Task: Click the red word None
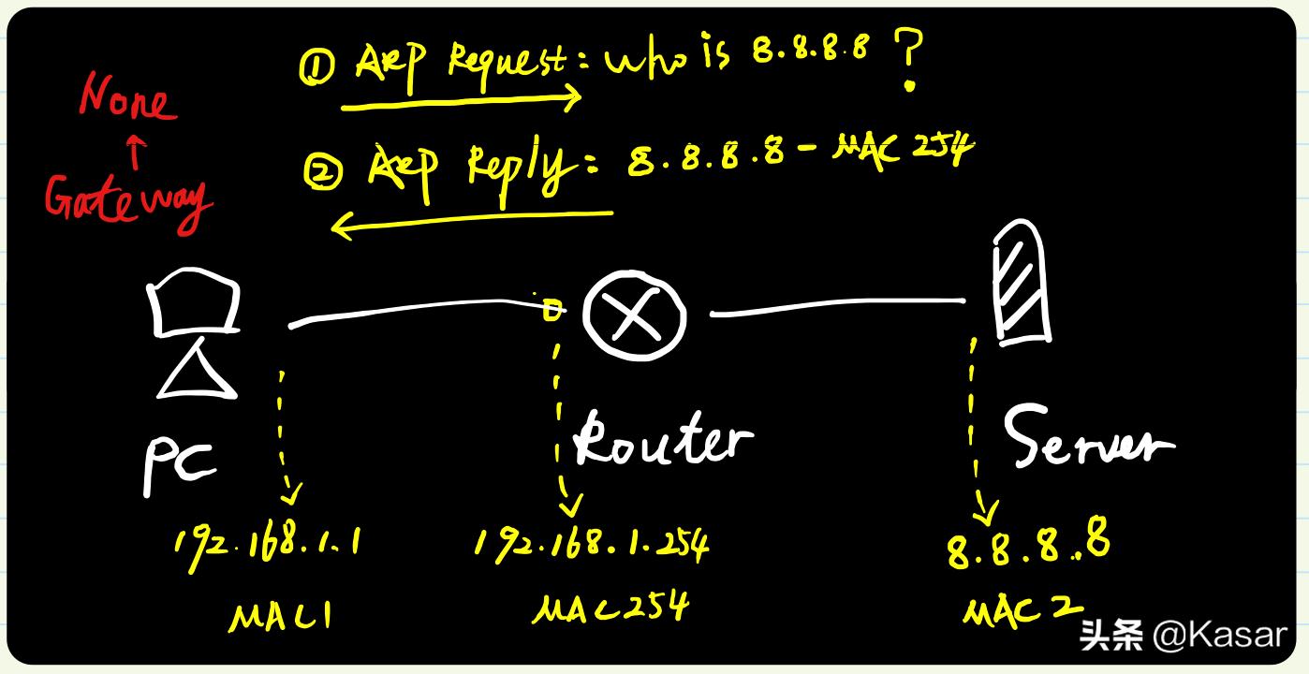click(x=127, y=98)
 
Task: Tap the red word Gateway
click(x=128, y=202)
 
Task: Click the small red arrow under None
click(x=136, y=152)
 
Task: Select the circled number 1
click(x=316, y=66)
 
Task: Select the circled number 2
click(x=323, y=171)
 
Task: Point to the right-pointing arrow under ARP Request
click(x=462, y=103)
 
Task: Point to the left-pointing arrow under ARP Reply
click(x=471, y=220)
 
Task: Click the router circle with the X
click(x=635, y=315)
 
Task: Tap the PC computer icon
click(x=194, y=333)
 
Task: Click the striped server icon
click(x=1022, y=283)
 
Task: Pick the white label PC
click(x=179, y=467)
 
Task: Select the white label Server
click(x=1088, y=437)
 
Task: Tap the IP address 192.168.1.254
click(x=592, y=547)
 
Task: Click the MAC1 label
click(x=281, y=617)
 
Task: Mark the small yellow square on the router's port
click(x=552, y=309)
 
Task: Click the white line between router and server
click(x=838, y=305)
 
